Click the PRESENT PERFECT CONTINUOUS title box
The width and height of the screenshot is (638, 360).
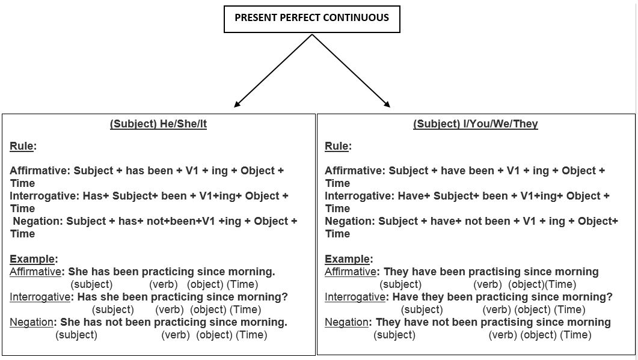tap(311, 19)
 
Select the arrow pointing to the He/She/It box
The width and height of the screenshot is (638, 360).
tap(273, 71)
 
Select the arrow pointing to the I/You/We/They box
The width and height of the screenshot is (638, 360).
tap(351, 71)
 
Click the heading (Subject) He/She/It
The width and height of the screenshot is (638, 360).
tap(158, 124)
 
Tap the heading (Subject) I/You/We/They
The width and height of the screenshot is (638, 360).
tap(475, 124)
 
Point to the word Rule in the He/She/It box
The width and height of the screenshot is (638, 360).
tap(22, 146)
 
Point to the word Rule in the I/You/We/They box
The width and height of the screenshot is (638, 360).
tap(337, 146)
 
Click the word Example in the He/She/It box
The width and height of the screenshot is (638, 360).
tap(32, 259)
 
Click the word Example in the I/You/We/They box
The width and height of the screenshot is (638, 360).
tap(347, 259)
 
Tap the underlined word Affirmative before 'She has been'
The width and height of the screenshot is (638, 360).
tap(35, 272)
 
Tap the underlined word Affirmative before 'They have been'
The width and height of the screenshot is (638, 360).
tap(351, 272)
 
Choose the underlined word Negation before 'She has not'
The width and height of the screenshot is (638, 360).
tap(31, 322)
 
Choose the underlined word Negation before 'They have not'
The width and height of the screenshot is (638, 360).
tap(346, 322)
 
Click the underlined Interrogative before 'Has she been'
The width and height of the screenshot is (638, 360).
tap(40, 297)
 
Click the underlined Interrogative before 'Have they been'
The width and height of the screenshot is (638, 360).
tap(355, 297)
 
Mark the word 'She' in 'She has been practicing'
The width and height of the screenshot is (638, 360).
tap(78, 272)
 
